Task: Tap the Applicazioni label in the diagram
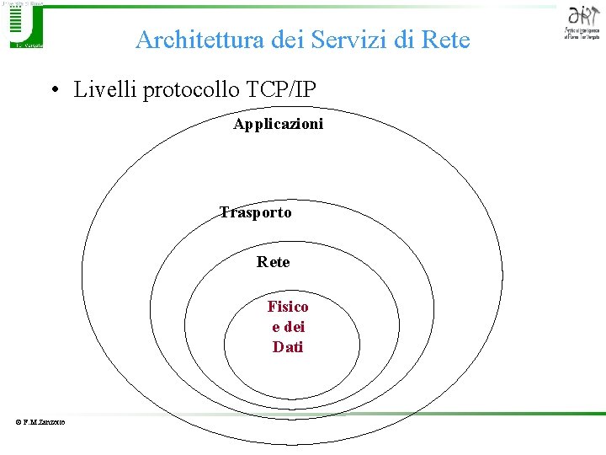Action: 279,125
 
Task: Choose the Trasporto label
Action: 256,212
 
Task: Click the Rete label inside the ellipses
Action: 274,262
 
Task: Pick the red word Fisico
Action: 288,307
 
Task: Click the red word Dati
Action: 288,347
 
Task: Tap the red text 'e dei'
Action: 288,327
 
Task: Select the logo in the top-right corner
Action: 582,23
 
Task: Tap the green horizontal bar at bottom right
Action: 522,413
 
